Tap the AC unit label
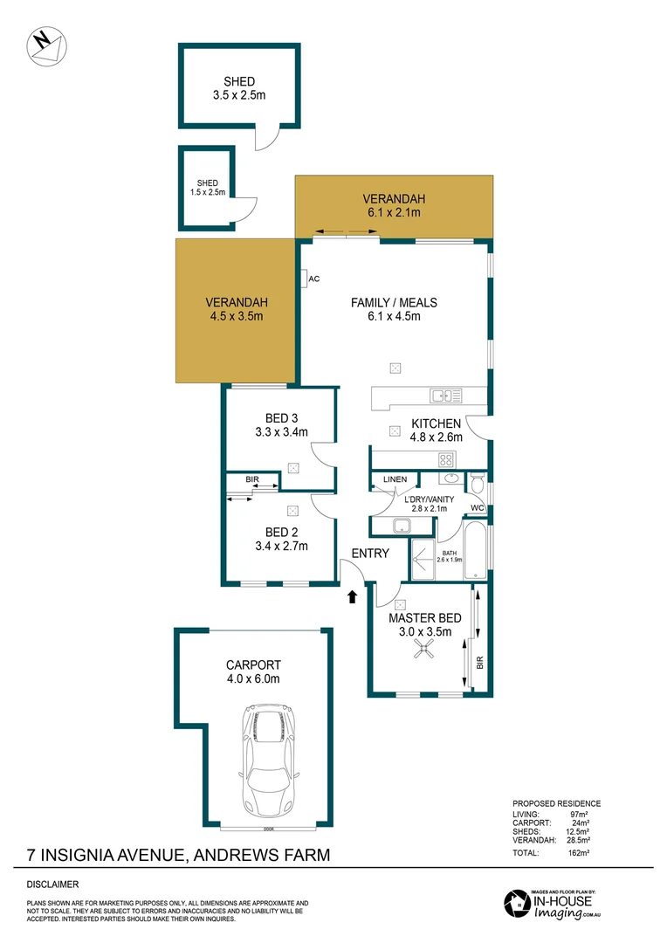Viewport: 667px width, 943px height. pos(315,279)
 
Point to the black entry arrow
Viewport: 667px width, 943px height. pos(352,597)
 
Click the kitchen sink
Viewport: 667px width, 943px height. pos(446,396)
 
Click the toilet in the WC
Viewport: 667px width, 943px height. pos(477,483)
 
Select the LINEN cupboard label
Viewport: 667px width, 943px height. pos(395,479)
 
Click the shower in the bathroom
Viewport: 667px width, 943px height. pos(423,559)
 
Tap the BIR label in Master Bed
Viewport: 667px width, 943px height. pos(479,664)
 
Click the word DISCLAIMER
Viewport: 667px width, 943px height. pos(52,884)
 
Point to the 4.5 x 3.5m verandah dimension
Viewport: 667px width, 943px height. pos(235,317)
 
